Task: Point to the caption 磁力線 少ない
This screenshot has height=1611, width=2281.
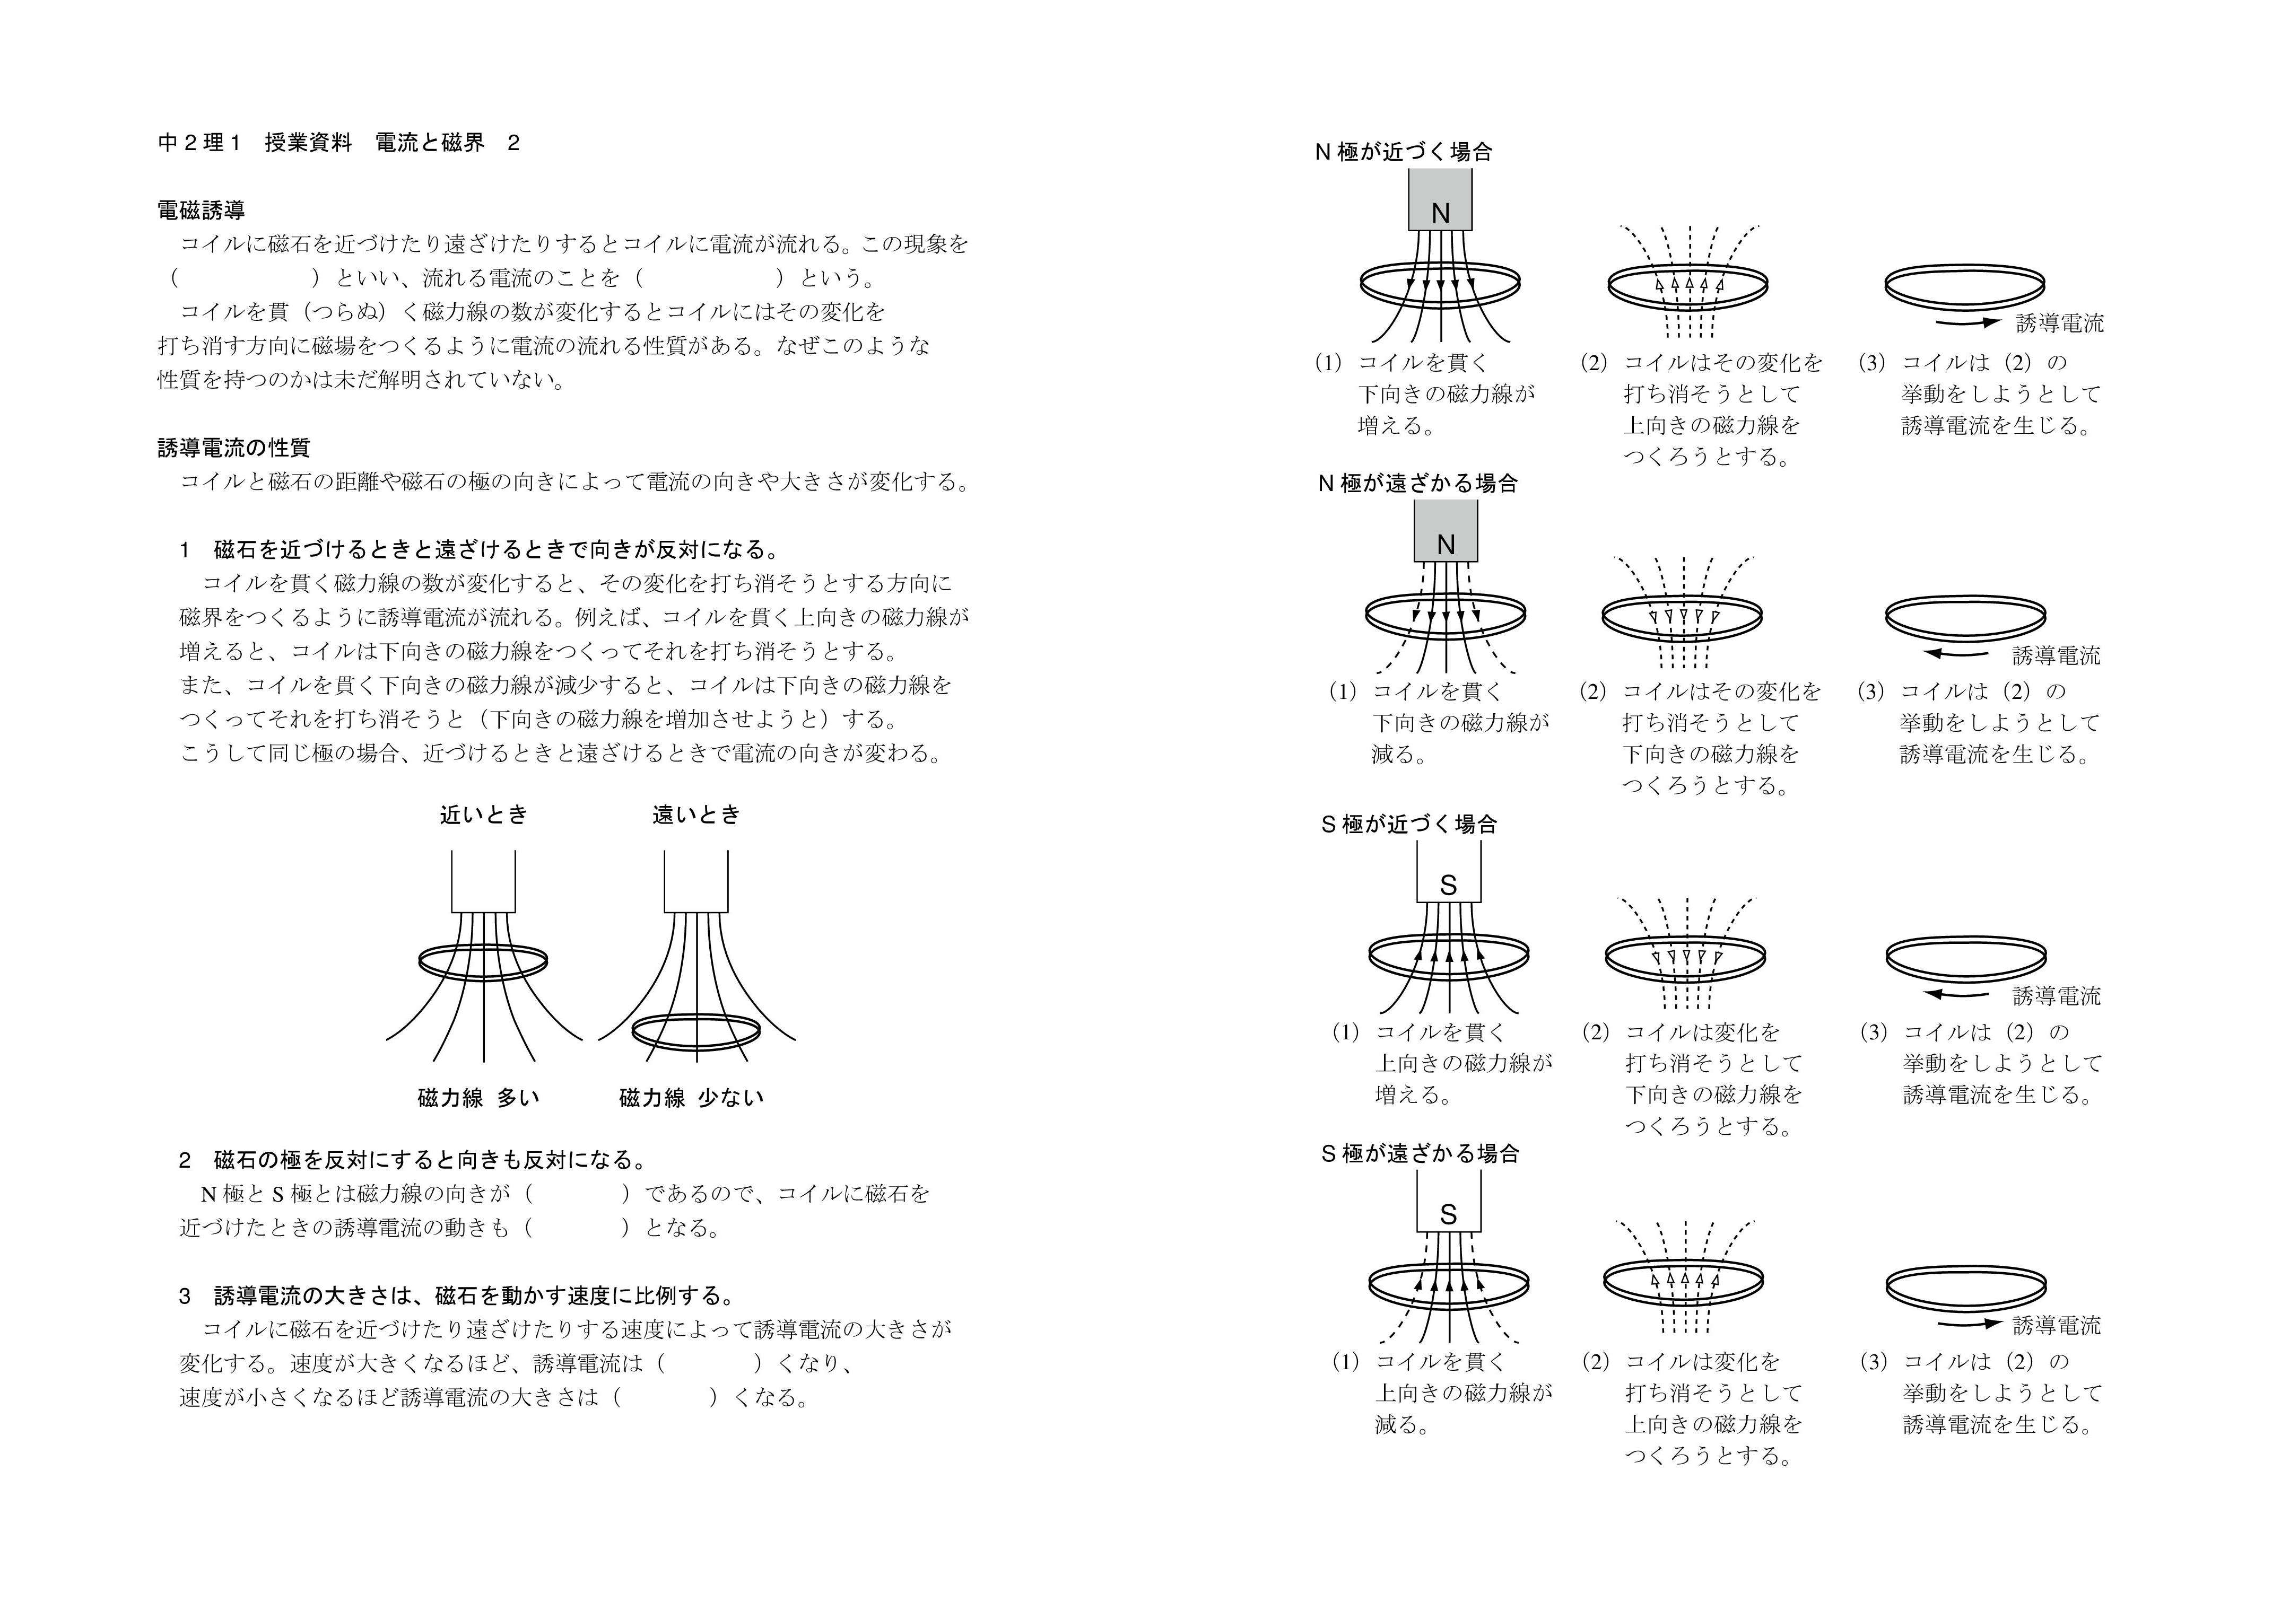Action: [691, 1098]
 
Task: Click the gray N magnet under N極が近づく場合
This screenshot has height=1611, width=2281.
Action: [1440, 199]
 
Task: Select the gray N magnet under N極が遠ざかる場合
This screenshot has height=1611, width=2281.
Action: [1446, 531]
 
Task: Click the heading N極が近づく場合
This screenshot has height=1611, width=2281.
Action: [1403, 152]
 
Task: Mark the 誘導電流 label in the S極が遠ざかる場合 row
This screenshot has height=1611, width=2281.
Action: [2057, 1325]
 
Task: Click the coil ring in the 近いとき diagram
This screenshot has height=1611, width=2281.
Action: [483, 961]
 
